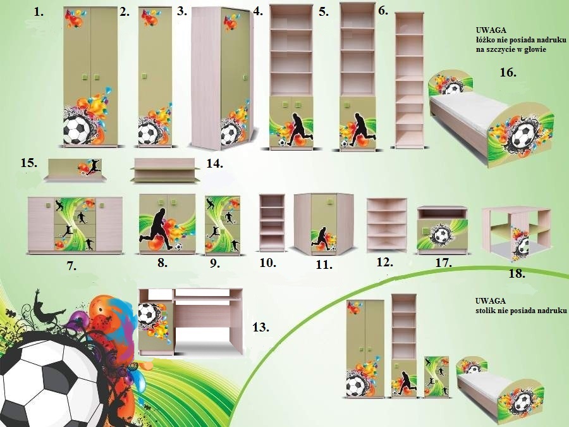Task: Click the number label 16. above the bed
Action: [x=508, y=72]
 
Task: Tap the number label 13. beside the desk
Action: [x=260, y=328]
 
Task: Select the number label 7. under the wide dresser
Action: [x=71, y=266]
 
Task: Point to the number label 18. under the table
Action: [x=517, y=273]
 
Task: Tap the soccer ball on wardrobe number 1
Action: [x=77, y=130]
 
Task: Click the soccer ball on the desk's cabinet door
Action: [x=147, y=313]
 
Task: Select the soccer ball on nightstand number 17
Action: [x=441, y=236]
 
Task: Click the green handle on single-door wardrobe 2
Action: [x=144, y=76]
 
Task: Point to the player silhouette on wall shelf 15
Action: [x=94, y=166]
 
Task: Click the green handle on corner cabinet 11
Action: [x=331, y=200]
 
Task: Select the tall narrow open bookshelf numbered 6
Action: [x=409, y=80]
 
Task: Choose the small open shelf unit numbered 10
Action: [x=272, y=223]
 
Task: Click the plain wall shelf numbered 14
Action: [x=165, y=170]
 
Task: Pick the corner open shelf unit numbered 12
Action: [x=386, y=225]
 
